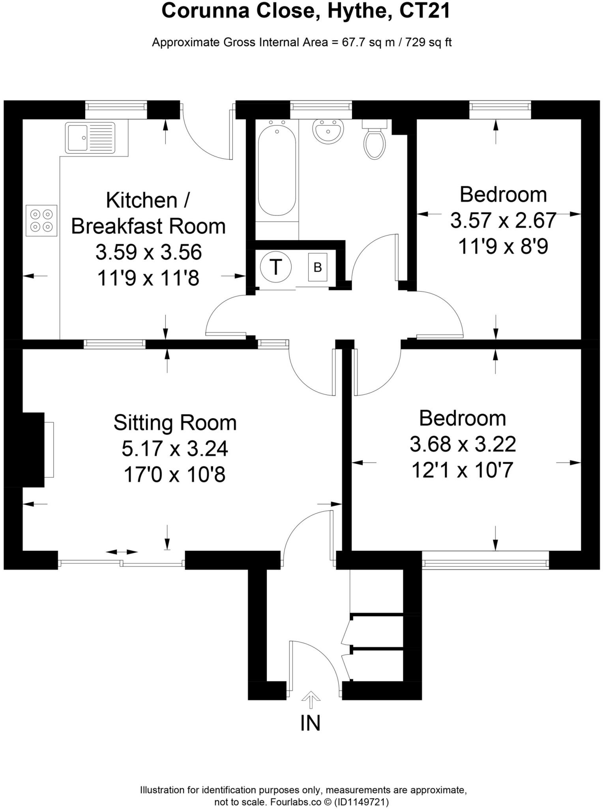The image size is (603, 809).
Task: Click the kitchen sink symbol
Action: coord(91,137)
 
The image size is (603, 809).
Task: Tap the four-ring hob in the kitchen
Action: coord(41,220)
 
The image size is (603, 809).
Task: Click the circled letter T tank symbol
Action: coord(276,267)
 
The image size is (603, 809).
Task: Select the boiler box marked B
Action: coord(318,267)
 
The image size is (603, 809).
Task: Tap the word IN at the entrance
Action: coord(310,723)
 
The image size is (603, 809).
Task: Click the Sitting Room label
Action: coord(175,423)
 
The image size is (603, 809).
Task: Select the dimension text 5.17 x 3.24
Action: coord(175,449)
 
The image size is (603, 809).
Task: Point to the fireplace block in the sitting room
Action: coord(24,450)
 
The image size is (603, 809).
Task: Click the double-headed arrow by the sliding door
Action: coord(122,552)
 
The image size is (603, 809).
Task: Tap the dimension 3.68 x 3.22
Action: coord(463,444)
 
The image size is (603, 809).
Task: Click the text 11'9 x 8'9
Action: coord(503,247)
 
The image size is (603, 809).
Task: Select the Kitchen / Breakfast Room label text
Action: coord(148,213)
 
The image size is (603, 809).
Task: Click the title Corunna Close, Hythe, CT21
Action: coord(305,11)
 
